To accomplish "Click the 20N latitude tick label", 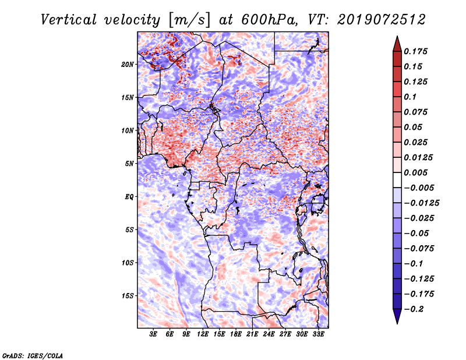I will click(x=128, y=64).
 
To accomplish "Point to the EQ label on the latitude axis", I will click(x=130, y=196).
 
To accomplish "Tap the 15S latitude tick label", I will click(x=128, y=295).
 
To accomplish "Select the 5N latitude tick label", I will click(x=130, y=163).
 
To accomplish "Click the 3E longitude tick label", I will click(x=154, y=334).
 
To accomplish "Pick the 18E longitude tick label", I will click(x=236, y=334).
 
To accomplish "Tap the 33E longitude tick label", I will click(x=318, y=334).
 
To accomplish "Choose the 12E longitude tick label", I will click(x=203, y=334).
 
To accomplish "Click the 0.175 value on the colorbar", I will click(x=416, y=51).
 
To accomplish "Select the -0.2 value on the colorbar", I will click(x=415, y=309).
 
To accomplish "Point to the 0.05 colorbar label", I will click(x=414, y=127).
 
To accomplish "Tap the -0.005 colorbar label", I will click(x=419, y=188).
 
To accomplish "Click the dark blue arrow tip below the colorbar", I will click(x=396, y=319).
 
